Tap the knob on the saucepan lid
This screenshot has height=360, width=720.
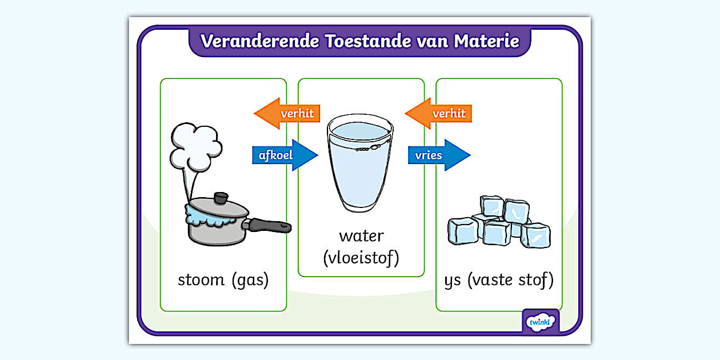[x=219, y=198]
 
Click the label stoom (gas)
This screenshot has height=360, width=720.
[x=223, y=281]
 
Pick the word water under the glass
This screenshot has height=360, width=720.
[x=361, y=235]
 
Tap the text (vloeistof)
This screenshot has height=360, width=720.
[x=361, y=258]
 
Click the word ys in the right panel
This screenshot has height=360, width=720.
[x=453, y=281]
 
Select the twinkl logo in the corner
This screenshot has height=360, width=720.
[x=541, y=322]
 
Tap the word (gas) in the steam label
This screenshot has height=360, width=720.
[x=249, y=281]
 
